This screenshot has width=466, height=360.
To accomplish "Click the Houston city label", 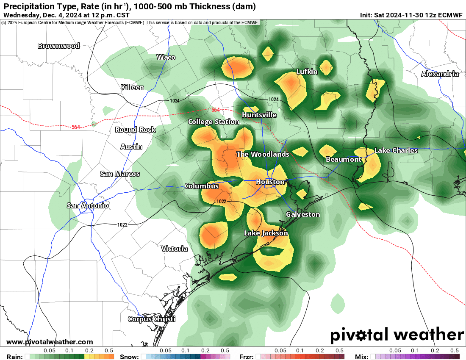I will tap(270, 182).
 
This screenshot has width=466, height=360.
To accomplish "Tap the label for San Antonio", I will tap(88, 205).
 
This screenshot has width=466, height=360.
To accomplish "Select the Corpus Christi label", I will tap(152, 319).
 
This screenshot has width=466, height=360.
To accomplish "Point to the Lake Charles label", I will tap(396, 150).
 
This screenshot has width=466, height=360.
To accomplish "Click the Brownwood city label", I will tap(58, 46).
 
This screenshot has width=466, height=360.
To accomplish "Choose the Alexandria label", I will tap(440, 74).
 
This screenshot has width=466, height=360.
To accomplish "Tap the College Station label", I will tap(214, 122).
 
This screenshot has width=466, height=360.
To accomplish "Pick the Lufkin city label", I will tap(307, 72).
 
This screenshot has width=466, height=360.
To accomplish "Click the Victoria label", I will tap(174, 249).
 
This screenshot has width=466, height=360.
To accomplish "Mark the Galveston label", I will tap(303, 214).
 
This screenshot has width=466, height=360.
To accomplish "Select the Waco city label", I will tap(166, 57).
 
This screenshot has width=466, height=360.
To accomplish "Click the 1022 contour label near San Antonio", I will tap(122, 224).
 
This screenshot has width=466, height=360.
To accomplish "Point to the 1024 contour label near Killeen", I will tap(175, 100).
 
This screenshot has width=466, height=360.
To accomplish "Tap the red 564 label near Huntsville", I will tap(216, 110).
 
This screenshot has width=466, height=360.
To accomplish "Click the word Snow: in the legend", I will tap(129, 357).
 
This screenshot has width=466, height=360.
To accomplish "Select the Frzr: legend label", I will tap(246, 357).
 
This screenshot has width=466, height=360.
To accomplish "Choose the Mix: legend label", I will tap(362, 357).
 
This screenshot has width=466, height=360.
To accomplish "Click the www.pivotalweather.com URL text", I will tap(50, 342).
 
